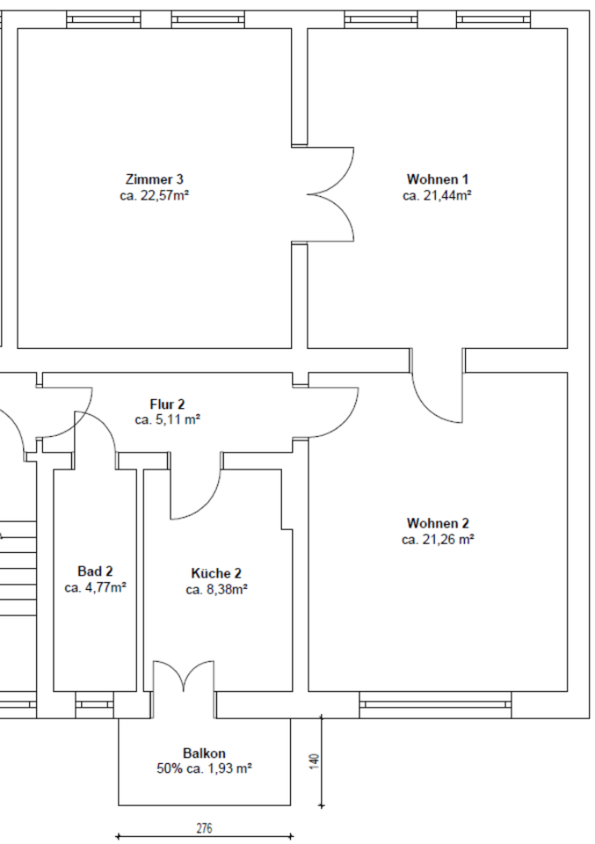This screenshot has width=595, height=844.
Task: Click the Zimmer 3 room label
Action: coord(155,179)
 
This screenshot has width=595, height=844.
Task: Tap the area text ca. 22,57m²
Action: coord(155,195)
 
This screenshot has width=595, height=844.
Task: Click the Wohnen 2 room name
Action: coord(438,523)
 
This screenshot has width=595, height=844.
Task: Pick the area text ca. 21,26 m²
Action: coord(438,540)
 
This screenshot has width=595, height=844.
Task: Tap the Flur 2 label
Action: coord(167,404)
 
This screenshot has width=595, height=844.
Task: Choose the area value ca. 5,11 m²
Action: coord(167,420)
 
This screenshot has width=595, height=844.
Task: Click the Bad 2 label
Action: coord(95,571)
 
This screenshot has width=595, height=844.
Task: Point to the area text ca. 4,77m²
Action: coord(95,588)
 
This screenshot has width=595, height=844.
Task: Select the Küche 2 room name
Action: coord(216,573)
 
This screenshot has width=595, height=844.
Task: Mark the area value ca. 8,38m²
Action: coord(216,590)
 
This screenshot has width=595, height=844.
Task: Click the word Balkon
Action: coord(204,753)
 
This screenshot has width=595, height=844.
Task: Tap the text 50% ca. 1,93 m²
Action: coord(204,768)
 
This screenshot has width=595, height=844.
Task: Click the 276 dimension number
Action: coord(204,827)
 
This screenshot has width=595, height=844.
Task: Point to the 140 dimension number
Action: coord(315,761)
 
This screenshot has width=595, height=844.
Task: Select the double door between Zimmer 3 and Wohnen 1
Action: coord(330,193)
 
